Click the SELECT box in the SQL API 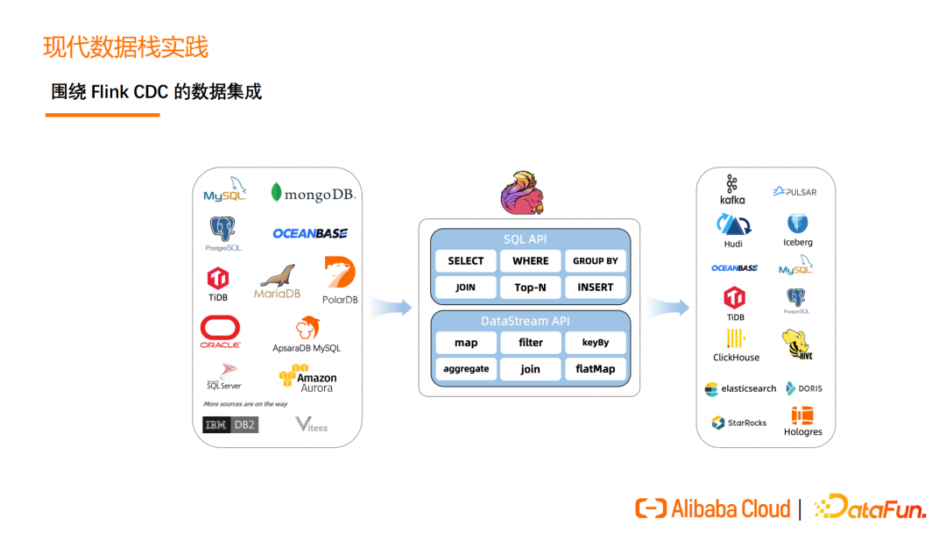(x=465, y=260)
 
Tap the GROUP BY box (x=595, y=260)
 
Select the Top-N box (x=530, y=287)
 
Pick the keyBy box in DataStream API (x=595, y=343)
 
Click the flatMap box (x=595, y=369)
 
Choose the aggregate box (x=465, y=369)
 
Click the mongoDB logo (x=313, y=194)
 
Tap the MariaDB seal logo (x=277, y=281)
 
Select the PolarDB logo (x=339, y=279)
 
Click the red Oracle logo (x=220, y=331)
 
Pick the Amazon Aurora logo (x=307, y=379)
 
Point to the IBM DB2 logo (x=229, y=425)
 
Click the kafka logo (x=732, y=189)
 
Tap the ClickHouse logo (x=736, y=345)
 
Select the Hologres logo (x=802, y=421)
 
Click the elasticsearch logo (x=740, y=388)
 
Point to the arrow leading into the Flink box (x=391, y=307)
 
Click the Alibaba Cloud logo (x=712, y=508)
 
